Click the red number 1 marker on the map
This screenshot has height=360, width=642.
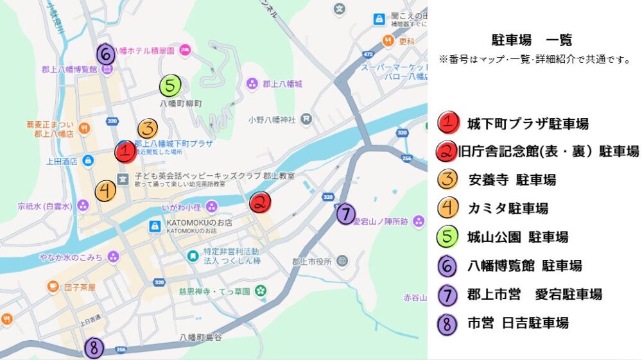[x=125, y=152]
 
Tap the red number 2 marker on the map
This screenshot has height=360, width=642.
[x=260, y=203]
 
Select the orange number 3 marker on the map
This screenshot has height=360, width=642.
[x=147, y=128]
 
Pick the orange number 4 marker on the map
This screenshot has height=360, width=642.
[x=106, y=190]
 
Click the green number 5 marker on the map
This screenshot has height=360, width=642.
[x=170, y=85]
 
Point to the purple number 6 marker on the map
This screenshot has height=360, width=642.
[x=106, y=53]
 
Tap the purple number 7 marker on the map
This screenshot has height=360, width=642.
[x=345, y=213]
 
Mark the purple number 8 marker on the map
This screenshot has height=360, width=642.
[x=94, y=348]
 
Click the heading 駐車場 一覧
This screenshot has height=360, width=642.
[x=531, y=40]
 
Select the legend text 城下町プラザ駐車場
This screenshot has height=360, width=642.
[x=527, y=124]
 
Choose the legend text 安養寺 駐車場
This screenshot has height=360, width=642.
[x=512, y=180]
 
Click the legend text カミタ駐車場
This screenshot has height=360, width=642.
[x=507, y=209]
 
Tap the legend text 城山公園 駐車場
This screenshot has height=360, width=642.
[x=517, y=237]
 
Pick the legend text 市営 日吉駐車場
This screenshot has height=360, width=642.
[x=517, y=323]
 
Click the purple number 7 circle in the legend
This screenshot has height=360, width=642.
[x=447, y=295]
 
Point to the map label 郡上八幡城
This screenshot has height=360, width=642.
[x=282, y=84]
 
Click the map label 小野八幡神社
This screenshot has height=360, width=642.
[x=272, y=119]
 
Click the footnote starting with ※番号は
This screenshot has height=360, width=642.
[x=534, y=59]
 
